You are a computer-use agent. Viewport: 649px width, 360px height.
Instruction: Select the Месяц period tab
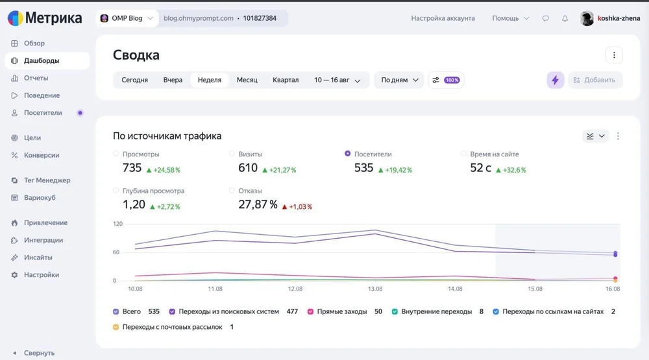coord(247,80)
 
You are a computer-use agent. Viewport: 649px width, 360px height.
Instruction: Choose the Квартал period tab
coord(285,80)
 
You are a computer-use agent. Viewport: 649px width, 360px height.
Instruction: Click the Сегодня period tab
coord(134,80)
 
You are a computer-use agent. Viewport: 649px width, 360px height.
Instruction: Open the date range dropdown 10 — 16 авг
coord(337,80)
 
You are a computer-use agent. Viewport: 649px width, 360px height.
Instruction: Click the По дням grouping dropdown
coord(399,80)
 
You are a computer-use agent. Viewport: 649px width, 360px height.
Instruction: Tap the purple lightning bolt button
coord(555,80)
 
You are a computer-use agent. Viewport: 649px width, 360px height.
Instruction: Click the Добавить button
coord(594,80)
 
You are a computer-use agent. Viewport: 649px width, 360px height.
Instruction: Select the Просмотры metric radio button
coord(116,154)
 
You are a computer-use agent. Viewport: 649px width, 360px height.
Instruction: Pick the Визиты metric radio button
coord(232,154)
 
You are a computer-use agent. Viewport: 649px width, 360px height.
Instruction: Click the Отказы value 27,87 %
coord(258,204)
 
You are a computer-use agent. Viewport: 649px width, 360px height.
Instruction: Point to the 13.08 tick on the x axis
coord(375,289)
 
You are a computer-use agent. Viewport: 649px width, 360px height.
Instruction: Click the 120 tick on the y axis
coord(118,224)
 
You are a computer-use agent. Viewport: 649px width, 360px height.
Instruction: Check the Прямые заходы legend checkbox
coord(310,311)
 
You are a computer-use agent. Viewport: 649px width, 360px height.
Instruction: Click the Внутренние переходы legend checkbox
coord(395,311)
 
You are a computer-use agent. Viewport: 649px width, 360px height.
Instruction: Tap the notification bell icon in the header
coord(565,18)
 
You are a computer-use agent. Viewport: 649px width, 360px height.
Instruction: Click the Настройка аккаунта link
coord(443,18)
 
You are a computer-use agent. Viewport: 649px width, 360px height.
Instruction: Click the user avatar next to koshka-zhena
coord(587,18)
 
